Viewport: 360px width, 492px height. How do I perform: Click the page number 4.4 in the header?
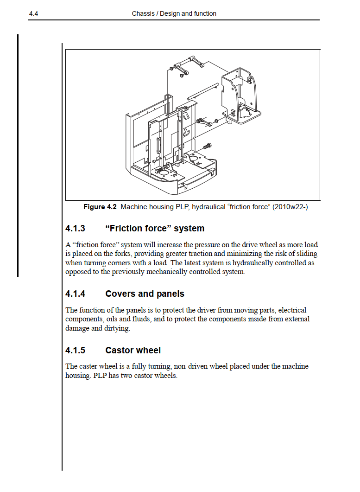[33, 14]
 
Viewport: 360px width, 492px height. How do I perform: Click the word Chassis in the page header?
[143, 14]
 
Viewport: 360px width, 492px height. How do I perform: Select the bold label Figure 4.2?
[100, 207]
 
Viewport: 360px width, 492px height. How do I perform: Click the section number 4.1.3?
[76, 229]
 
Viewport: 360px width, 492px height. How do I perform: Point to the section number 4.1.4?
[76, 294]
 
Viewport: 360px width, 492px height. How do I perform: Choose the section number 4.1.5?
[76, 351]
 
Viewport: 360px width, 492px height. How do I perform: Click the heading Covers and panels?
[145, 294]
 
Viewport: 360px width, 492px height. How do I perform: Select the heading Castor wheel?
[133, 351]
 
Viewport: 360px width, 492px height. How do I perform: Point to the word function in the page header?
[205, 14]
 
